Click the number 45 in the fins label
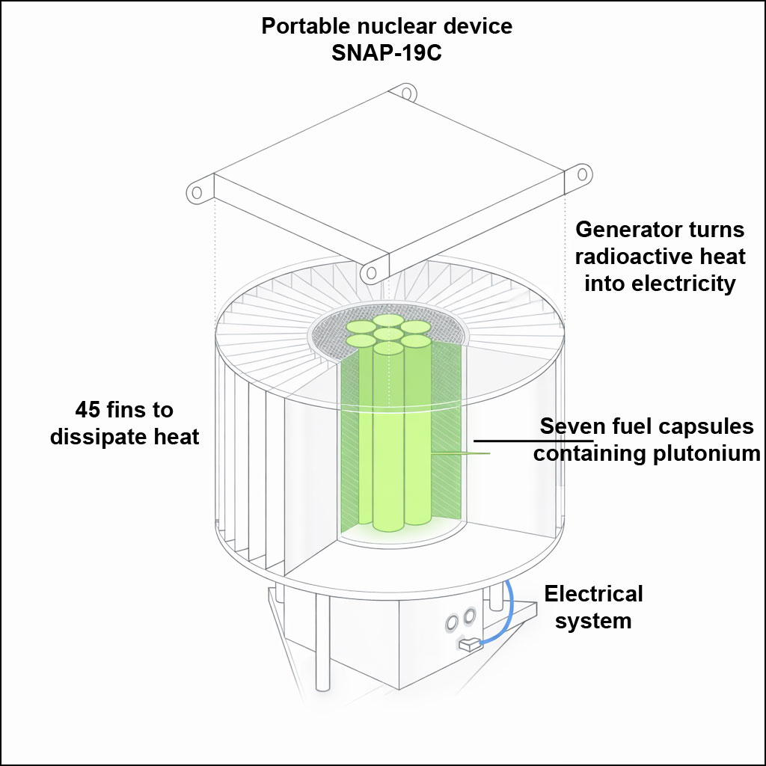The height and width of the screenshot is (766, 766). [89, 410]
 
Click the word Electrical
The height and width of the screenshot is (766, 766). [593, 594]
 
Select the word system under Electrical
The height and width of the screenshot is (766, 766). [593, 621]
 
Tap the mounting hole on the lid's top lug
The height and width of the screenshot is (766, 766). [406, 94]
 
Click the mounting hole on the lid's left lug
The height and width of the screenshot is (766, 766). [197, 192]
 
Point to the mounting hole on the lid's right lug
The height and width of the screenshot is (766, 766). [581, 174]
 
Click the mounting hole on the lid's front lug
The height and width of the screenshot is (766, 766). [370, 273]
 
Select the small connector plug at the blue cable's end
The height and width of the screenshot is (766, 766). [468, 643]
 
